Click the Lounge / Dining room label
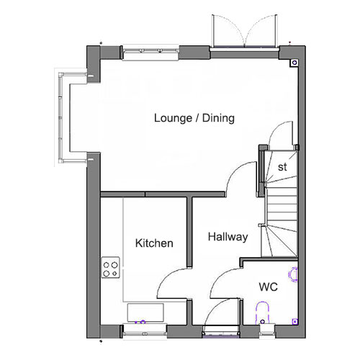pyautogui.click(x=194, y=118)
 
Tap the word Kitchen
pyautogui.click(x=154, y=243)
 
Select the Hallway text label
pyautogui.click(x=228, y=237)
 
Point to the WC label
pyautogui.click(x=269, y=287)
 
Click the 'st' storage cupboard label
pyautogui.click(x=282, y=167)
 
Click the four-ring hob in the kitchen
pyautogui.click(x=110, y=267)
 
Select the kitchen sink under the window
pyautogui.click(x=145, y=312)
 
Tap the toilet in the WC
pyautogui.click(x=263, y=313)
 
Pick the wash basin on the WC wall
pyautogui.click(x=293, y=274)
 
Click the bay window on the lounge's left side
pyautogui.click(x=61, y=117)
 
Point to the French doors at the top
pyautogui.click(x=244, y=31)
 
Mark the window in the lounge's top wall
pyautogui.click(x=150, y=53)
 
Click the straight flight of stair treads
pyautogui.click(x=282, y=208)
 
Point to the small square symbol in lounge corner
pyautogui.click(x=294, y=63)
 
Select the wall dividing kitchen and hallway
pyautogui.click(x=189, y=232)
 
